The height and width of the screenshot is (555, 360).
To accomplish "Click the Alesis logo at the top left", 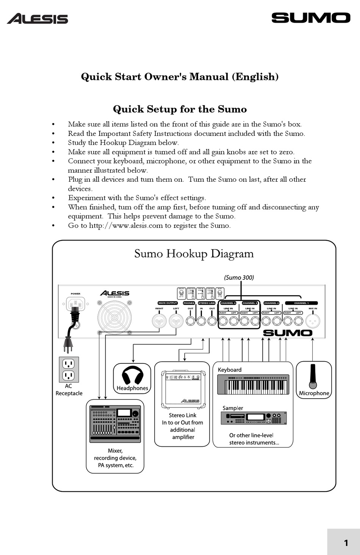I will [x=38, y=19].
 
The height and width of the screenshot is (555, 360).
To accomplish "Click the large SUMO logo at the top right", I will [x=311, y=18].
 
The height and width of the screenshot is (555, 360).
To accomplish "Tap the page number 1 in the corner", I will [x=346, y=543].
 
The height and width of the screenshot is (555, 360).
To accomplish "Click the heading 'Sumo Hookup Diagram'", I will [x=194, y=254].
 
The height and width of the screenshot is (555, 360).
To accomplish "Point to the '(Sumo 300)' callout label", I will [x=239, y=277].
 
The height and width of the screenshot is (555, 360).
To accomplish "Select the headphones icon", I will [x=132, y=375].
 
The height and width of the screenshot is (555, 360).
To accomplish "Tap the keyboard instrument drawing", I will [x=253, y=385].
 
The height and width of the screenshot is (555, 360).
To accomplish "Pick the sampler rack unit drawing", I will [x=254, y=418].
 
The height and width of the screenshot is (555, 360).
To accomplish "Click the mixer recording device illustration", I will [x=115, y=424].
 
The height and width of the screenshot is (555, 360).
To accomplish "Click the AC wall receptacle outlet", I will [x=69, y=369].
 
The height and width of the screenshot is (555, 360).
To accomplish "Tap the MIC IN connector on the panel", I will [x=313, y=321].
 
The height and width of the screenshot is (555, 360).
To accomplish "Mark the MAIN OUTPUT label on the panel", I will [x=167, y=303].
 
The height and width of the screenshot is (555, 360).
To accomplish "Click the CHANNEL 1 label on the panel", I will [x=301, y=303].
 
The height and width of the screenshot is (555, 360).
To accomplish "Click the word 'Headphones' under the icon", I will [x=132, y=388].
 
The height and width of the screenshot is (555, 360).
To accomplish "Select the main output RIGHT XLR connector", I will [x=159, y=321].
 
